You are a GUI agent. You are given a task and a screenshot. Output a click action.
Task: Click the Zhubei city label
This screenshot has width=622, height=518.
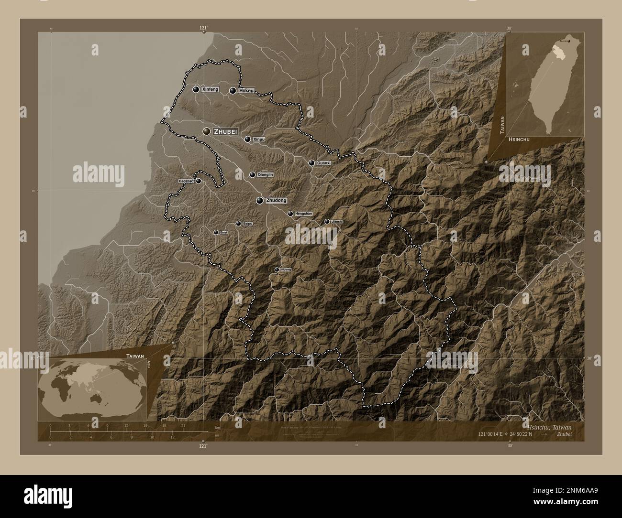[x=226, y=131]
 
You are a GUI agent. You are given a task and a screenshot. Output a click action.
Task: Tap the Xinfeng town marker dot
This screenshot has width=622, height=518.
[x=196, y=89]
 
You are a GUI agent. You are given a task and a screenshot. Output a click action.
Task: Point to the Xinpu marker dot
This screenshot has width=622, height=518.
[x=247, y=140]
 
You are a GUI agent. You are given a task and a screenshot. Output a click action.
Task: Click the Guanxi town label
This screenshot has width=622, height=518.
[x=324, y=163]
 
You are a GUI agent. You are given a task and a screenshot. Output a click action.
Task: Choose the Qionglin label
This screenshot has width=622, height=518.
[x=265, y=175]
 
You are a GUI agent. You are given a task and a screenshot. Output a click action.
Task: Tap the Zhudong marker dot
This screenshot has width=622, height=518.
[x=259, y=201]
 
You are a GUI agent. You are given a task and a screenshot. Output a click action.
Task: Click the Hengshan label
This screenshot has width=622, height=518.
[x=303, y=214]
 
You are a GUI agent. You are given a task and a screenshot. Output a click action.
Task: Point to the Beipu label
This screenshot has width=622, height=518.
[x=247, y=224]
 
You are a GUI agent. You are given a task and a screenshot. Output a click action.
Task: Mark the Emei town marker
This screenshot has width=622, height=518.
[x=216, y=232]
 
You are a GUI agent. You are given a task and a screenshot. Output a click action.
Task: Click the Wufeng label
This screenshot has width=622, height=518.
[x=286, y=270]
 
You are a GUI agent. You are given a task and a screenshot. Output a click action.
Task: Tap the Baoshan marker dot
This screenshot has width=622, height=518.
[x=198, y=181]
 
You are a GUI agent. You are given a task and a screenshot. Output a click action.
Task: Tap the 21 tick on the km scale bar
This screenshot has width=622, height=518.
[x=183, y=425]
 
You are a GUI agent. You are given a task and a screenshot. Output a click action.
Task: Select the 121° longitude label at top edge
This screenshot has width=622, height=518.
[x=203, y=28]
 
